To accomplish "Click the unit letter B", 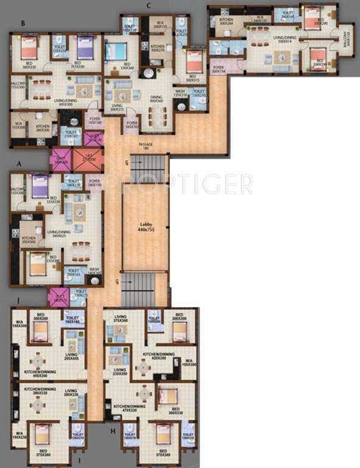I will point(23,24).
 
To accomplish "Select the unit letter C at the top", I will point(148,5).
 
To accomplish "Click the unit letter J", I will point(19,299).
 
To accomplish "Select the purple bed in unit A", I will point(41,185).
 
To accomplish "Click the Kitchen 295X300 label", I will point(29,240).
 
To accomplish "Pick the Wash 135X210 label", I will point(181,94).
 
